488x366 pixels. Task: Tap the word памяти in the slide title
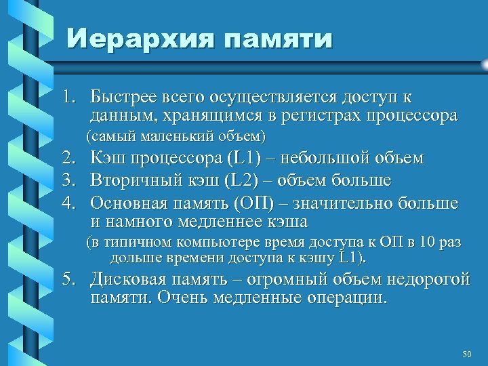tap(277, 39)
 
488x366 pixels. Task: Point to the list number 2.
tap(69, 159)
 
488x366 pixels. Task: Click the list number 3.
tap(69, 181)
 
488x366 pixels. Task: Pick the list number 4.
tap(69, 203)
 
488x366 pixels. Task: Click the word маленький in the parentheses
tap(176, 136)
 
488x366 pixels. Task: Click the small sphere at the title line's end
tap(484, 63)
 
